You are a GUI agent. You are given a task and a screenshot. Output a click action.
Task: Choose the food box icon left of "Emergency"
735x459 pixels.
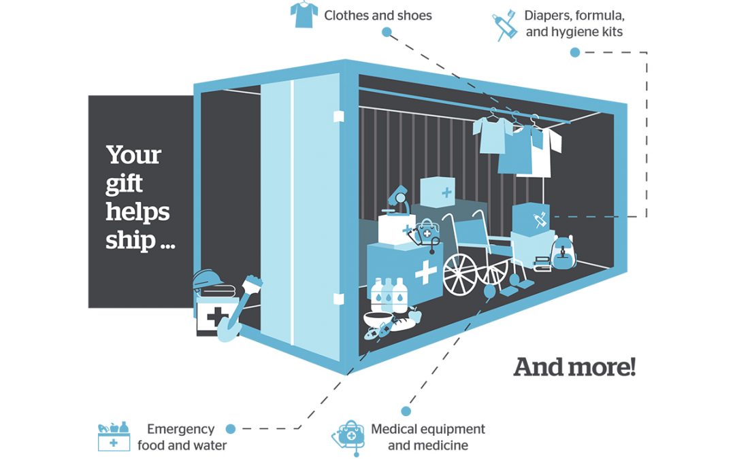114,437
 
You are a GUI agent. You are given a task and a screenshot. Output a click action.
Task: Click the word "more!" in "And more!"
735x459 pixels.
603,367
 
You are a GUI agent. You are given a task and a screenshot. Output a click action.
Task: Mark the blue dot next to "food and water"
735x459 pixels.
230,429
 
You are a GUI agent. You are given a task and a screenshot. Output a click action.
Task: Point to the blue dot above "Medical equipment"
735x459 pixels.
406,411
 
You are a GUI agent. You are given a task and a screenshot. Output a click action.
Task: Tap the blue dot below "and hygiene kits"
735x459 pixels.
575,52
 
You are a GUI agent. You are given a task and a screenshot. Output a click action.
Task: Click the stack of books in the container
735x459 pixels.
542,263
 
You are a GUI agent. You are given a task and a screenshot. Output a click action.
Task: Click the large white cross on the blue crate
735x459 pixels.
425,271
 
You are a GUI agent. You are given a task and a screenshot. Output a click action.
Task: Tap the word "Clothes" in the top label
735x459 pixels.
348,15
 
